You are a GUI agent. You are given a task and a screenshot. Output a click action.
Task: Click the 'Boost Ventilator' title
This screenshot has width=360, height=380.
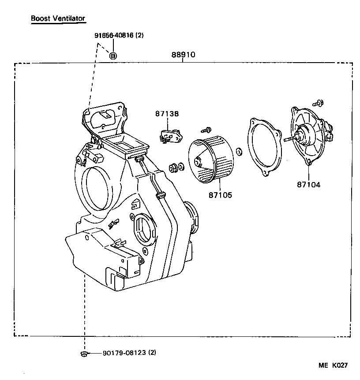tap(58, 19)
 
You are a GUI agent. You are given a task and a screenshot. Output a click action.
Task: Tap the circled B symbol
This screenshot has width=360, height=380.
tap(113, 56)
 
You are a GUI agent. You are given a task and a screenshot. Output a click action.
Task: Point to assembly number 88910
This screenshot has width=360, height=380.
tap(183, 56)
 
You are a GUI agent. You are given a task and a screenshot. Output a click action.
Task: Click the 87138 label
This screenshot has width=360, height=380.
tap(167, 114)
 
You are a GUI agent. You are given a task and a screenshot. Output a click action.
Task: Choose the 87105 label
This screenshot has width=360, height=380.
tap(220, 194)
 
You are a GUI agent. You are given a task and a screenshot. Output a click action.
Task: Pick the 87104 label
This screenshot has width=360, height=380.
tap(308, 185)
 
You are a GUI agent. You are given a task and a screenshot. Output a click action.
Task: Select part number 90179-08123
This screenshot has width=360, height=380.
tap(124, 353)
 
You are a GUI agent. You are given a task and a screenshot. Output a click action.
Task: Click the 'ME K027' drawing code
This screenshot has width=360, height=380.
tap(334, 365)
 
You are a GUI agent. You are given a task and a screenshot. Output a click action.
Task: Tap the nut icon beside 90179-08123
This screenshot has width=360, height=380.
tap(83, 353)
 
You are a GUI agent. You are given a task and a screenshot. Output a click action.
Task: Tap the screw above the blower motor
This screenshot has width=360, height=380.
tap(316, 103)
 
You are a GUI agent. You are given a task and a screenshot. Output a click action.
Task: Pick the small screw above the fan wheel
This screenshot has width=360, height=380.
tap(206, 130)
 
